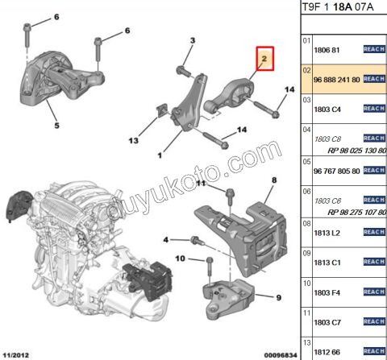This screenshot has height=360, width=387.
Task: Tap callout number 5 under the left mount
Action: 56,126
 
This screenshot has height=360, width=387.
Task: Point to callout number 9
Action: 278,298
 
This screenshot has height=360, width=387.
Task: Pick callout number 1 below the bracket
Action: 161,155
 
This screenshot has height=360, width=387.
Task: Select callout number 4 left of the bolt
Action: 167,239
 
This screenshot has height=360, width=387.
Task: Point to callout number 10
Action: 180,259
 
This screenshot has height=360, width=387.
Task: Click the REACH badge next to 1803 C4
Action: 374,110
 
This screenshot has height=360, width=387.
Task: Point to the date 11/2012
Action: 18,353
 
